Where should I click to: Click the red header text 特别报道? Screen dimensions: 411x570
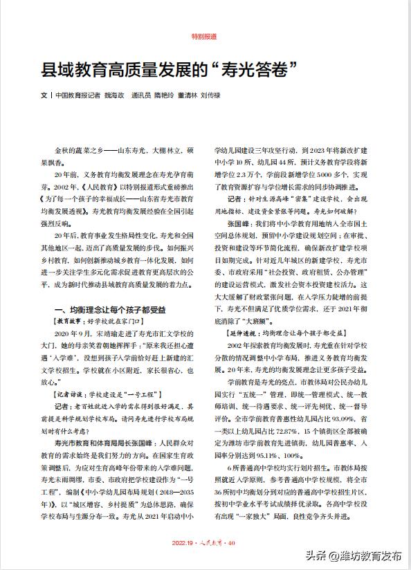coord(205,35)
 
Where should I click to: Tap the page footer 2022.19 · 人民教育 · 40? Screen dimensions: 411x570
coord(205,542)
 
